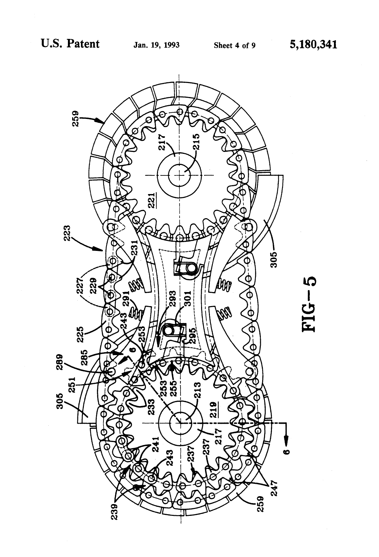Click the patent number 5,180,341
tap(313, 44)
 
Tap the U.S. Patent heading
tap(70, 44)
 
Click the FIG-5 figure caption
tap(309, 304)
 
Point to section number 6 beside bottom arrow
tap(286, 452)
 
